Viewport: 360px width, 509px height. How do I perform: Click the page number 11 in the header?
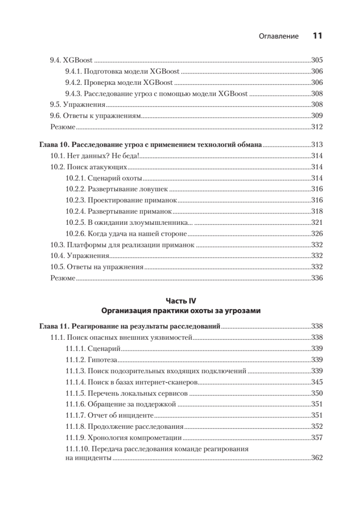tap(318, 36)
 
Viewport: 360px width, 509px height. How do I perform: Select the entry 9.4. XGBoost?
tap(72, 60)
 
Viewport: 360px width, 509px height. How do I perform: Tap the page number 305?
tap(317, 60)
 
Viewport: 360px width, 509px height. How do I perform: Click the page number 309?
tap(317, 115)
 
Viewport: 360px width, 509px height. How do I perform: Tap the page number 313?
tap(317, 144)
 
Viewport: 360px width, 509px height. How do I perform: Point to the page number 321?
tap(317, 222)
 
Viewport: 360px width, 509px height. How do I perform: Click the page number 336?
tap(317, 278)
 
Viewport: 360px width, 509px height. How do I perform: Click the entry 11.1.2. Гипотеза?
tap(91, 360)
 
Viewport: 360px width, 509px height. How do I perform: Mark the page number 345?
tap(317, 382)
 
